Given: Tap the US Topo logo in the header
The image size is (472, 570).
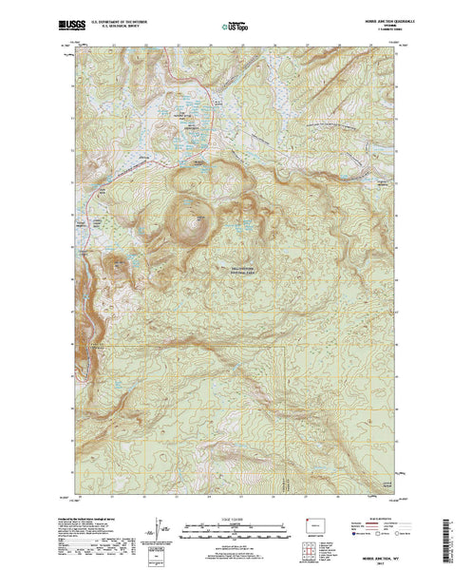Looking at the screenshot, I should pyautogui.click(x=231, y=20).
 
